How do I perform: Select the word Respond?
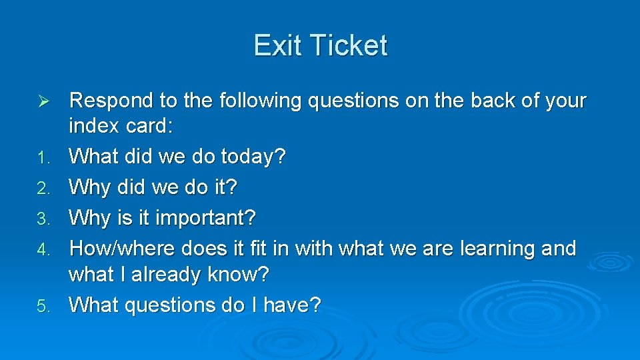coord(111,101)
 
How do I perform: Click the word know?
coord(238,275)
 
